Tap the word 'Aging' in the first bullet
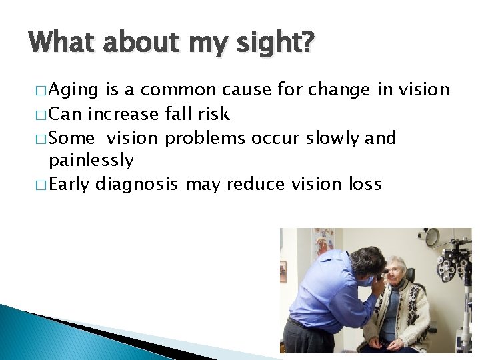coord(73,90)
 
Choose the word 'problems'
coord(206,138)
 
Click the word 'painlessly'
coord(91,161)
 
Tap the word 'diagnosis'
coord(137,185)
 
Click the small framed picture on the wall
coord(283,271)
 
